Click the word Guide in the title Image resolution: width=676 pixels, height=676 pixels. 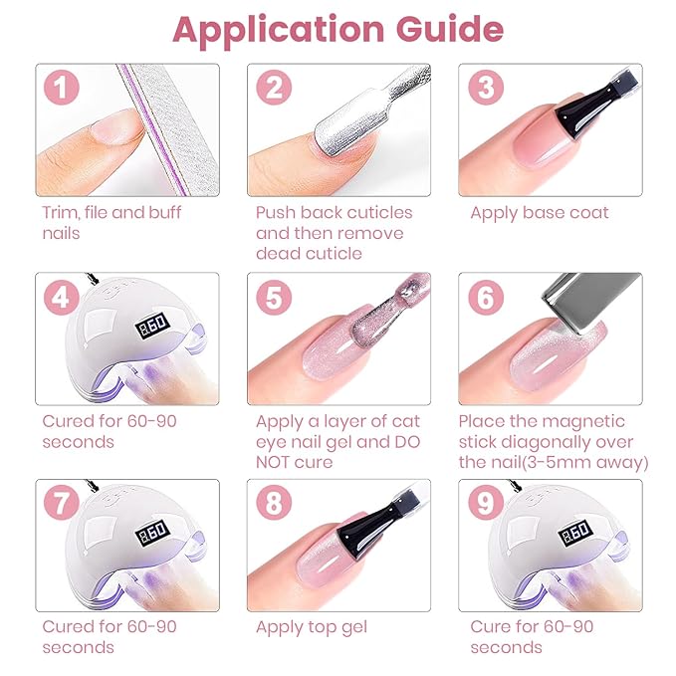[450, 29]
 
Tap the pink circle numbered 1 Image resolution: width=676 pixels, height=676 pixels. [61, 87]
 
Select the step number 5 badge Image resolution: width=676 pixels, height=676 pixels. [274, 297]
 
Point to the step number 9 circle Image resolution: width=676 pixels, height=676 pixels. [486, 502]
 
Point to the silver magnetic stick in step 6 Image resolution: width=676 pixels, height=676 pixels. [590, 302]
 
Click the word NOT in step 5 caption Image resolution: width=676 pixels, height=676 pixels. [274, 462]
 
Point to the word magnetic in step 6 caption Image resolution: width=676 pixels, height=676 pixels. [581, 422]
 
